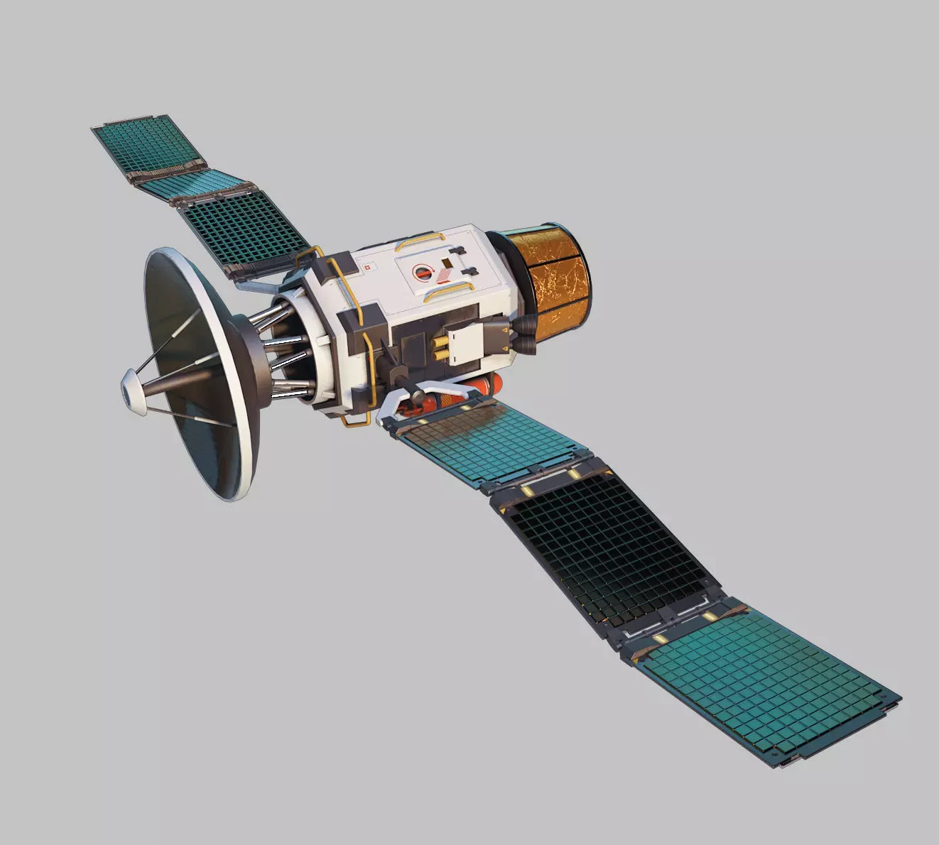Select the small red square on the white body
[x=367, y=267]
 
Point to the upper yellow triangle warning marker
[x=502, y=332]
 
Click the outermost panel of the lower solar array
[x=767, y=682]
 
